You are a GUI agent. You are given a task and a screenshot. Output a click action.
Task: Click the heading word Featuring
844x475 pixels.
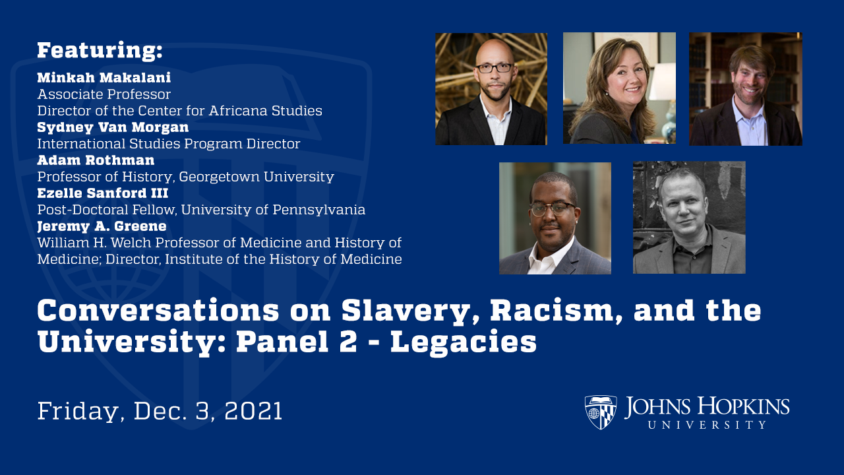99,51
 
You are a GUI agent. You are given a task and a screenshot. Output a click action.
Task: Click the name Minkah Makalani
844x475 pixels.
104,77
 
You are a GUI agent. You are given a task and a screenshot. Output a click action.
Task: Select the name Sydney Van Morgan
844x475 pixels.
113,127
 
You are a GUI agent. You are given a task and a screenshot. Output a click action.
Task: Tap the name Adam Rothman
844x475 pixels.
96,160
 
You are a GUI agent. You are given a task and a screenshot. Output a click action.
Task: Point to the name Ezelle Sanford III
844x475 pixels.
102,193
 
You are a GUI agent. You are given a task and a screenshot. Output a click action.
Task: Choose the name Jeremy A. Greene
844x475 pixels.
102,226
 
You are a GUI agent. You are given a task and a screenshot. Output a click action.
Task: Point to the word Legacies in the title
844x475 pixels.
463,343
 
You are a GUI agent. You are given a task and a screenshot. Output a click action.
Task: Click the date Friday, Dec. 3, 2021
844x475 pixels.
160,411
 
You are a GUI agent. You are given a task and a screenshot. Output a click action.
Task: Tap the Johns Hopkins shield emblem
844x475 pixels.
600,412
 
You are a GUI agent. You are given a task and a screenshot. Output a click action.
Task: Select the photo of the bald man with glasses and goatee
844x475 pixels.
491,88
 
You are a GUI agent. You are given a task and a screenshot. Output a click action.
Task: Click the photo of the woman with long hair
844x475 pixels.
619,88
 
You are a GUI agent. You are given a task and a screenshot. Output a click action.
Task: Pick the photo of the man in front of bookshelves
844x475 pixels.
746,88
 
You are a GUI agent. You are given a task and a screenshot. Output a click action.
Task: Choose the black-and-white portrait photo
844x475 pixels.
689,218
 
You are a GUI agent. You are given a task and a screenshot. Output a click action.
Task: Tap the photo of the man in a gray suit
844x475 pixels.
555,218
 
